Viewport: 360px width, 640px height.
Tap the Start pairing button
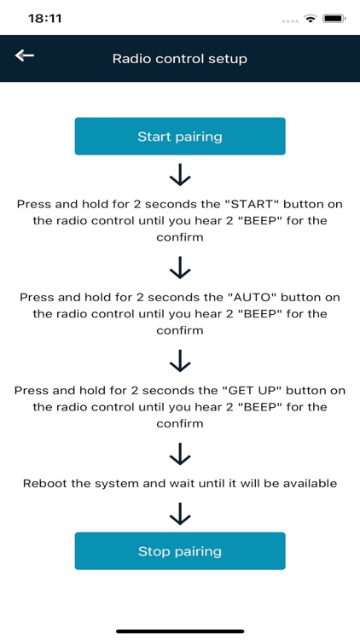(x=180, y=137)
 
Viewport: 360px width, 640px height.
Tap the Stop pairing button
(x=180, y=551)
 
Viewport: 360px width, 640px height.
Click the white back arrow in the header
(x=25, y=55)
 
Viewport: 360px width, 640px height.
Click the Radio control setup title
(x=180, y=58)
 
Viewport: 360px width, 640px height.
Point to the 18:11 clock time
(x=45, y=19)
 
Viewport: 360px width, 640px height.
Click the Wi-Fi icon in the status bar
(x=311, y=19)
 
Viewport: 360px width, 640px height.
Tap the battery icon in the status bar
(x=334, y=19)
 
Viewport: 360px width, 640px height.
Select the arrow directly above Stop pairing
(x=180, y=514)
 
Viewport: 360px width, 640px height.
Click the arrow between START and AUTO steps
(x=180, y=268)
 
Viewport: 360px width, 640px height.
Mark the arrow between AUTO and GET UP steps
(x=180, y=361)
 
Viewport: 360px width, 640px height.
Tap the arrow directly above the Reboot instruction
(x=180, y=454)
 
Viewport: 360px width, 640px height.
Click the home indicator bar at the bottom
(x=180, y=631)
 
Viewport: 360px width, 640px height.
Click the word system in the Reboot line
(x=113, y=484)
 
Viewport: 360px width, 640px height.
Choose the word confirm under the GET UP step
(x=180, y=423)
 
